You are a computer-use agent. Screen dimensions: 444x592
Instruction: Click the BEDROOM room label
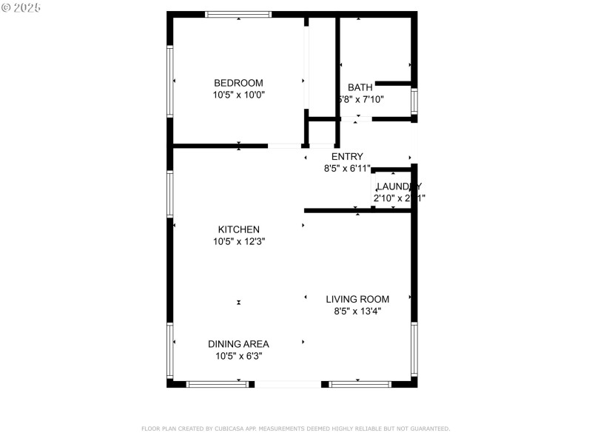click(x=238, y=83)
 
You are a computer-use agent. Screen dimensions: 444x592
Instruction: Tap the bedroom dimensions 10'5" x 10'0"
click(x=238, y=95)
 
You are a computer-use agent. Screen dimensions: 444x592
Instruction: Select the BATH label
click(x=360, y=87)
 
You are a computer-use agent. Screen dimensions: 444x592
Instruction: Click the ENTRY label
click(x=347, y=156)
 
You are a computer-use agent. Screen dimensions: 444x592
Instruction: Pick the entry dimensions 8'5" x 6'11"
click(x=347, y=168)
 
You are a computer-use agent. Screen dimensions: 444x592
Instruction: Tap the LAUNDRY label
click(x=399, y=186)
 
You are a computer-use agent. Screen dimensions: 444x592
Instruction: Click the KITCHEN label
click(x=238, y=229)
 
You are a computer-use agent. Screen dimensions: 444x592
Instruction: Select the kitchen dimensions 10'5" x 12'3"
click(x=238, y=241)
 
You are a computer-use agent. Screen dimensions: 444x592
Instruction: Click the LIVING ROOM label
click(x=357, y=299)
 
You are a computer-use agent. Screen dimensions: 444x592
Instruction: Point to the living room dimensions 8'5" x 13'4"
click(x=357, y=311)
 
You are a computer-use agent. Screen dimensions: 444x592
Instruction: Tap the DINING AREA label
click(x=238, y=344)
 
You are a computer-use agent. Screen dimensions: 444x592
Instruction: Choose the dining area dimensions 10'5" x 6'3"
click(x=238, y=356)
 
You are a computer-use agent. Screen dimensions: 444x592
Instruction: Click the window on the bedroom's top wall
click(x=238, y=14)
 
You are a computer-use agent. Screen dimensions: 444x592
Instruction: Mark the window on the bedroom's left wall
click(x=170, y=81)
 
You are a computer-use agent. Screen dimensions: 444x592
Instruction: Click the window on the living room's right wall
click(x=414, y=349)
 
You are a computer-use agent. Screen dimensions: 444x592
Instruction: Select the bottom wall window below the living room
click(x=360, y=384)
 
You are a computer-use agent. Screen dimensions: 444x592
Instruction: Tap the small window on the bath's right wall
click(x=414, y=101)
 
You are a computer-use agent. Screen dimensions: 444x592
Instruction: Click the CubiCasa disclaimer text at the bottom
click(x=295, y=428)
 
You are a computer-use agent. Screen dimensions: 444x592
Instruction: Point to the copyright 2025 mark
click(x=21, y=7)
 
